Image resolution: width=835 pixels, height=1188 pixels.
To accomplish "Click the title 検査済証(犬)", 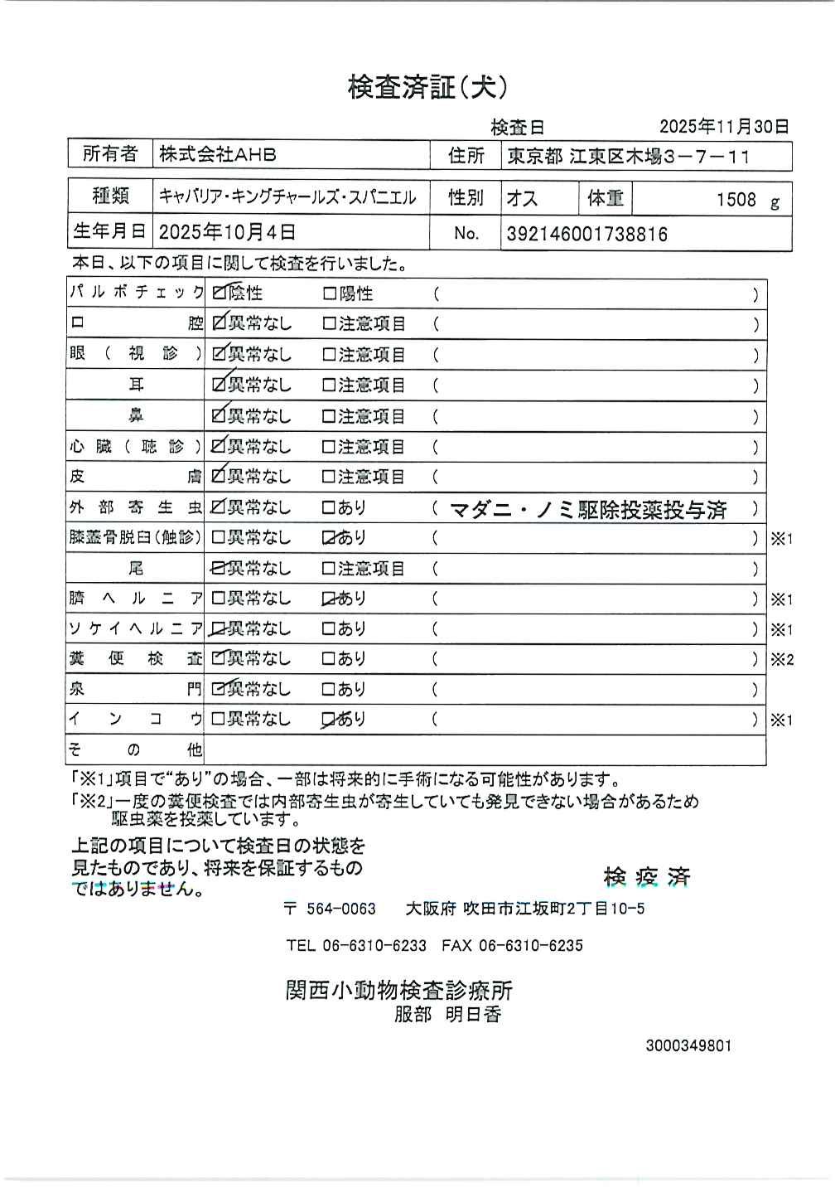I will (427, 87).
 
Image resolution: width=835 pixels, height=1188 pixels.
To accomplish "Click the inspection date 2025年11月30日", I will (724, 127).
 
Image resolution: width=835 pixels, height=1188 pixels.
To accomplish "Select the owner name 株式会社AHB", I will (218, 154).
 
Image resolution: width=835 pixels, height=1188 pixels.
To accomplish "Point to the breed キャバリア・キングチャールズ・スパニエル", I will (287, 197).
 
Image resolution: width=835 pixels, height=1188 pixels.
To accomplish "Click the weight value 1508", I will (736, 200).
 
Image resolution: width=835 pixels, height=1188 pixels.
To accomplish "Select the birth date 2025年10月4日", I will (227, 233).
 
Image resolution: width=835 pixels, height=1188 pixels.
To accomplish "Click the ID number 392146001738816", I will (586, 234).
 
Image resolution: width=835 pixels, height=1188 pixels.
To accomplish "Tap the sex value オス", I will (522, 199).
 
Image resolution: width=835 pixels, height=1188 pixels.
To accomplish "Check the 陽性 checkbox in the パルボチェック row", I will (329, 293).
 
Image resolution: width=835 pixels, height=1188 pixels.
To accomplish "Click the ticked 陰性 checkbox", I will (220, 293).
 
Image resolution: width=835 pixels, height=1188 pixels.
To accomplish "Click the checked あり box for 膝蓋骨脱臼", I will (329, 538).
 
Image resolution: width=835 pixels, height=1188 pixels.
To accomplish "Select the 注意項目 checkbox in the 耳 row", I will (329, 385).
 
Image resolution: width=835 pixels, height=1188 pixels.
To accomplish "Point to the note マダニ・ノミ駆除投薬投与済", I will (588, 510).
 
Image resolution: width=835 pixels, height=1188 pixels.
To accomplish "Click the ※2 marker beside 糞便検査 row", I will (781, 660).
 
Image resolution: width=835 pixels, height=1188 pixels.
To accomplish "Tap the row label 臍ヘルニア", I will (135, 599).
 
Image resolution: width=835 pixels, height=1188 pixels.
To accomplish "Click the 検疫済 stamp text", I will (646, 877).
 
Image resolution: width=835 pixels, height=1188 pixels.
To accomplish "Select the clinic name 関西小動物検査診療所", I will (399, 990).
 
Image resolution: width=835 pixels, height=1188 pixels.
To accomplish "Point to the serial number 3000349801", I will (688, 1045).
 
